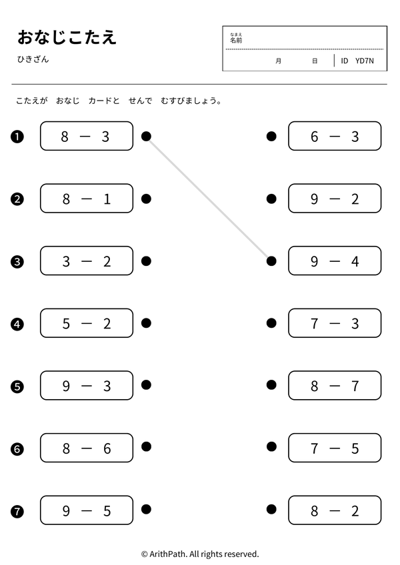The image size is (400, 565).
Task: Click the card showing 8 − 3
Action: pyautogui.click(x=87, y=136)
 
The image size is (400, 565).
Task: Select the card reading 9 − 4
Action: pyautogui.click(x=335, y=261)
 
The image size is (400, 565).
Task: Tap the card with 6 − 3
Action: pyautogui.click(x=335, y=136)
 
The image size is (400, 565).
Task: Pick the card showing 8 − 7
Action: pyautogui.click(x=335, y=385)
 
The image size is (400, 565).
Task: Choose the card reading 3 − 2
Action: pyautogui.click(x=87, y=261)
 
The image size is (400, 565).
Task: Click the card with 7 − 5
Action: pyautogui.click(x=335, y=448)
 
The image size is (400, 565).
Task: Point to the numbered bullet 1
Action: pyautogui.click(x=17, y=137)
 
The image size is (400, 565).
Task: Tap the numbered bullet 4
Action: pyautogui.click(x=17, y=324)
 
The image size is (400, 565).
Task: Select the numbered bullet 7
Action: pyautogui.click(x=17, y=511)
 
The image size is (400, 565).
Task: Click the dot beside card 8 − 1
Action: pyautogui.click(x=146, y=199)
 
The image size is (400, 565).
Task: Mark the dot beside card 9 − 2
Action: pyautogui.click(x=271, y=199)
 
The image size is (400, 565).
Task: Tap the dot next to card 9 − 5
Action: pyautogui.click(x=146, y=509)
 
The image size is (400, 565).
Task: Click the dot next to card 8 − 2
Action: pyautogui.click(x=271, y=509)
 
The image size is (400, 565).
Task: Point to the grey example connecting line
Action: pyautogui.click(x=209, y=199)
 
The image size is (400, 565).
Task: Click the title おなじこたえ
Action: pyautogui.click(x=67, y=37)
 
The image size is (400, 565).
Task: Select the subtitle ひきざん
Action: pyautogui.click(x=33, y=59)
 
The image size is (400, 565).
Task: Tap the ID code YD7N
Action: pyautogui.click(x=364, y=61)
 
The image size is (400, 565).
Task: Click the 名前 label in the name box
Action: pyautogui.click(x=236, y=40)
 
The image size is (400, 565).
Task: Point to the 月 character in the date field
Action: pyautogui.click(x=278, y=61)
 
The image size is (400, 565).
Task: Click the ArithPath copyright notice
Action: pyautogui.click(x=200, y=554)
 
